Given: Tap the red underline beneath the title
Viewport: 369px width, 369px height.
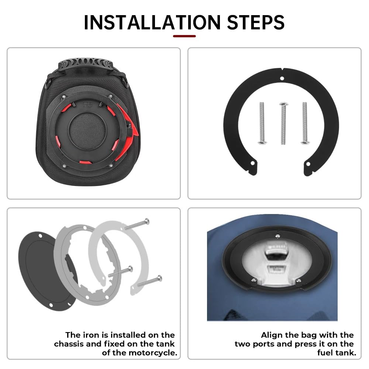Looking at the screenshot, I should pyautogui.click(x=184, y=36).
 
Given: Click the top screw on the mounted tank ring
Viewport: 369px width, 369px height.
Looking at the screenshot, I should pyautogui.click(x=277, y=235).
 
